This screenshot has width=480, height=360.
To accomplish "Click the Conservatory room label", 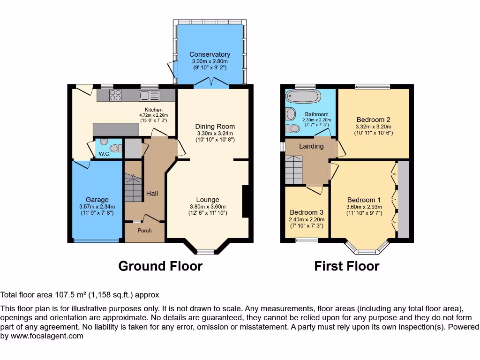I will [x=210, y=54].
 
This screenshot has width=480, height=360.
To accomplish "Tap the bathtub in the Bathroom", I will [x=303, y=97].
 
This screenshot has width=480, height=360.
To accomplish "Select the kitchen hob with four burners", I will [x=115, y=95].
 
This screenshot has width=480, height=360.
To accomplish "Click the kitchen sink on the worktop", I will [x=149, y=96].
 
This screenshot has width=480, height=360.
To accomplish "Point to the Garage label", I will [x=97, y=200].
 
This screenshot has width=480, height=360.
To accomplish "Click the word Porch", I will [x=144, y=230].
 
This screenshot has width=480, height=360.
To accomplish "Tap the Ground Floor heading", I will [x=160, y=266].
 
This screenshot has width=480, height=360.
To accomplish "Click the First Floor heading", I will [x=346, y=266].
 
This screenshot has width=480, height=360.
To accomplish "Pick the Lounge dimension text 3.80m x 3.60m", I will [x=208, y=207].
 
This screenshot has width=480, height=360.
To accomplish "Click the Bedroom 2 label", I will [x=373, y=119].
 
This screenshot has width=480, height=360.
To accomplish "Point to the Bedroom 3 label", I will [x=307, y=212].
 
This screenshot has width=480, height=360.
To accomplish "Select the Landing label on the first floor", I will [x=311, y=146].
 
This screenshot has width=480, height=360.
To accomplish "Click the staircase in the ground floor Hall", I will [x=133, y=187].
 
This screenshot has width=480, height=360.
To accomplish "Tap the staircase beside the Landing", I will [x=293, y=170].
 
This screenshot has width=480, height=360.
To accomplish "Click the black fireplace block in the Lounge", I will [x=245, y=202].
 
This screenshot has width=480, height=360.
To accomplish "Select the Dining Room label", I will [x=215, y=127].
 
